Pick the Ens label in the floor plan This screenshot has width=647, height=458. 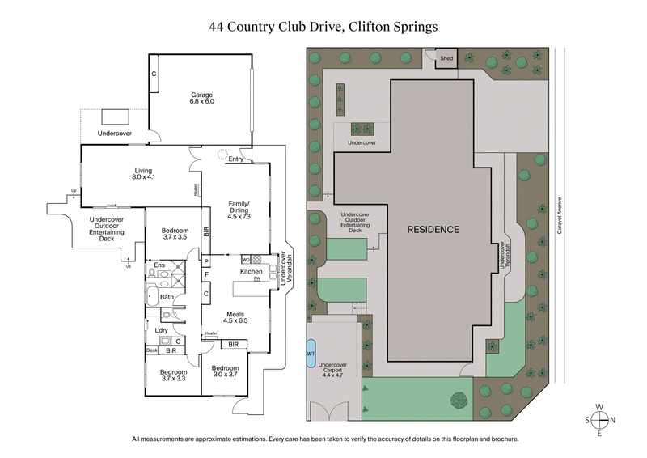point(161,265)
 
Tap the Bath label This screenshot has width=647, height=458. point(167,297)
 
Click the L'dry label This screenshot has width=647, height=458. point(161,329)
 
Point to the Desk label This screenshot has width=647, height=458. point(152,350)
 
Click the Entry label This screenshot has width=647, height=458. point(236,159)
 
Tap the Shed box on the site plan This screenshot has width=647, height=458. point(447,58)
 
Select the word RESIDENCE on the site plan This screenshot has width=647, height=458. point(433,230)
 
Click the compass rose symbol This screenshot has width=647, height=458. point(599,420)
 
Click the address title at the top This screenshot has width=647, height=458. point(323,26)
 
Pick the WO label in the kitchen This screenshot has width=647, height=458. point(245,260)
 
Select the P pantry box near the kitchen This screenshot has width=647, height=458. point(206,261)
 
